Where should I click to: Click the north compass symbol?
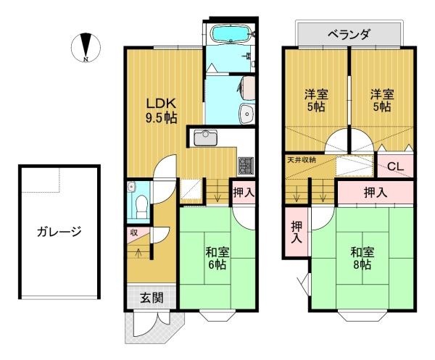click(86, 47)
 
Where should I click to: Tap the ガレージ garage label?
click(57, 233)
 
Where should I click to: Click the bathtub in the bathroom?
click(231, 34)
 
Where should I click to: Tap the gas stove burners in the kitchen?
click(246, 165)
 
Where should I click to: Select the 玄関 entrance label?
click(151, 297)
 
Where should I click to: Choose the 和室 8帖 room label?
click(362, 259)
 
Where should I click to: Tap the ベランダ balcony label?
click(348, 34)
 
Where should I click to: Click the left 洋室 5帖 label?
click(315, 99)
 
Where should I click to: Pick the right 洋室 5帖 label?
click(381, 99)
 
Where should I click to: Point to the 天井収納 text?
click(301, 158)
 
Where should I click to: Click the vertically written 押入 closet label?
click(297, 231)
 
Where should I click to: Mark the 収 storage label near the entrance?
click(134, 233)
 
